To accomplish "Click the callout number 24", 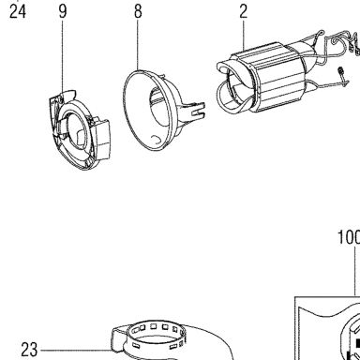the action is coord(18,12).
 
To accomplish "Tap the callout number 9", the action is coord(63,11).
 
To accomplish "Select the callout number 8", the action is coord(138,11).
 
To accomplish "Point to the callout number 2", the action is coord(244,11).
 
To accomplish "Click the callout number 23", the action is coord(29,350).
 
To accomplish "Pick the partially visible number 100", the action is coord(349,237).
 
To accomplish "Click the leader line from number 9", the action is coord(63,56).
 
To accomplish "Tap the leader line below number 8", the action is coord(138,45).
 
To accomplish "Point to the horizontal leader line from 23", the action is coord(77,350).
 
